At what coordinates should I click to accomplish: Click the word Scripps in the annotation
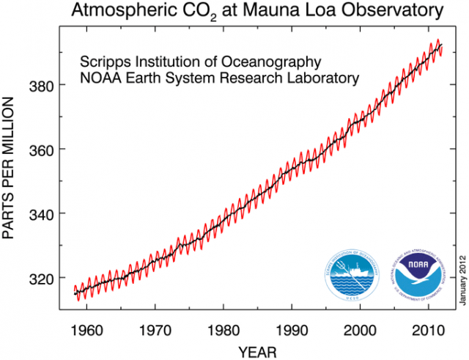pos(104,61)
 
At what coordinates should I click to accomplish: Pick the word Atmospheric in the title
pos(120,11)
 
